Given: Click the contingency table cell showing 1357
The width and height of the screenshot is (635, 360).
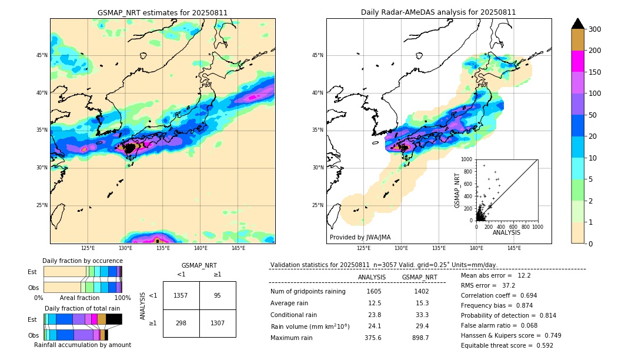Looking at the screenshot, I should [x=181, y=295].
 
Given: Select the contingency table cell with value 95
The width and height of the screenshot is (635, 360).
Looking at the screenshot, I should [x=218, y=295].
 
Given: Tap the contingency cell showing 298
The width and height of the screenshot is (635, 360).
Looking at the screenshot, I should [x=181, y=324].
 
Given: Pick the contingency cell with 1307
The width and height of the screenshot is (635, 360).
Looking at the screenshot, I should [x=218, y=324].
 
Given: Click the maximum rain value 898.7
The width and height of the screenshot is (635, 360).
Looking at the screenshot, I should [x=419, y=338].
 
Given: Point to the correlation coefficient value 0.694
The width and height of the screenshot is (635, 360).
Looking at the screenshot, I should [x=525, y=295].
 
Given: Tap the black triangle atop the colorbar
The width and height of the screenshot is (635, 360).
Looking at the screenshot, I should [x=578, y=24].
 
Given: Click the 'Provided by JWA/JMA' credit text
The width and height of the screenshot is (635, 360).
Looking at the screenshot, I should [x=360, y=238].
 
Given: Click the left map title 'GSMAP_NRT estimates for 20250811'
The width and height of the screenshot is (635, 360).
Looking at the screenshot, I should [x=162, y=12].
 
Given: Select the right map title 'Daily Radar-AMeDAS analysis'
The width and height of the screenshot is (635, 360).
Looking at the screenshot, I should [x=438, y=12].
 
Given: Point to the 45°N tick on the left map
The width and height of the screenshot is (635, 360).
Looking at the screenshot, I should [x=42, y=55].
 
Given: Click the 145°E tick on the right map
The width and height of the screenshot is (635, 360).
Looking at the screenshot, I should [x=514, y=248].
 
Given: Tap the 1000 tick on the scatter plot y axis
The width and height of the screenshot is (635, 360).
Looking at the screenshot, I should [x=467, y=159].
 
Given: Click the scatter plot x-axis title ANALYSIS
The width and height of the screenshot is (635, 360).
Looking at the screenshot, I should [x=506, y=232].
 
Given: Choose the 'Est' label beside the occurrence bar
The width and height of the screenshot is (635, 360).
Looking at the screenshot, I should [x=32, y=272].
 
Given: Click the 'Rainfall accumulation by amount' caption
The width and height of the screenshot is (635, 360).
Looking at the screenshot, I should [x=82, y=345].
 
